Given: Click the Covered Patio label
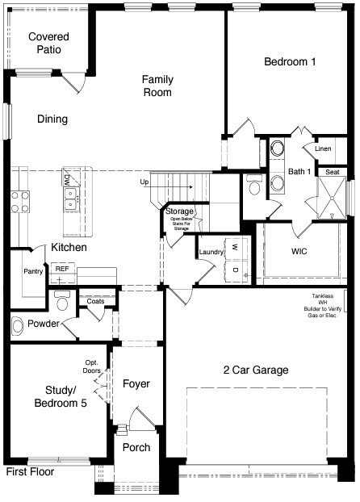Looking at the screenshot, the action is (48, 43).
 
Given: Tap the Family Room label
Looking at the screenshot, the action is (157, 86).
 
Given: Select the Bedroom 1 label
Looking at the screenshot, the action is (290, 61).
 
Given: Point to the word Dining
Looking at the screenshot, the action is (52, 119).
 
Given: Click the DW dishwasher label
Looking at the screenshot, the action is (67, 177).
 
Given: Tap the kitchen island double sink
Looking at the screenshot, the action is (70, 199).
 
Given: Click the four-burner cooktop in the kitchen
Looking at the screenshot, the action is (20, 202).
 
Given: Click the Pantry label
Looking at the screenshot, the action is (33, 271).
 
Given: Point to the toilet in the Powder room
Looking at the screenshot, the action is (62, 300).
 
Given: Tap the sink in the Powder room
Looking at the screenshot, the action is (17, 326).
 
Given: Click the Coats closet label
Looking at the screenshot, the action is (95, 301).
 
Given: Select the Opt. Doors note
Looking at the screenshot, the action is (91, 366).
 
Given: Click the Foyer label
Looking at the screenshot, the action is (136, 383).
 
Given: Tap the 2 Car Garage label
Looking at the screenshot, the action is (256, 370).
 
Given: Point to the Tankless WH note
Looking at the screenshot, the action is (323, 306).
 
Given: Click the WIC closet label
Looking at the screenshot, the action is (299, 251).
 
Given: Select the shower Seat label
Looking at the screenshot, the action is (332, 172).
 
